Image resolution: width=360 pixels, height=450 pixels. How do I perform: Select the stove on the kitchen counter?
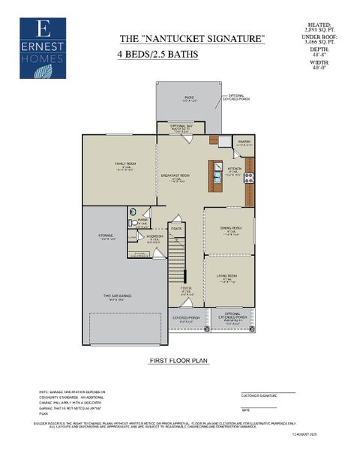(250, 178)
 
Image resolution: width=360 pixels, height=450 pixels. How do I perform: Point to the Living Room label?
(226, 276)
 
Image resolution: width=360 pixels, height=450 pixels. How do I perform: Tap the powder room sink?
(132, 212)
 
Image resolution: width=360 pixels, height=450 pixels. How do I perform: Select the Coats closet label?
(176, 228)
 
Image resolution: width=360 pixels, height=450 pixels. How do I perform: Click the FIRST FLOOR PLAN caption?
(178, 361)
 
